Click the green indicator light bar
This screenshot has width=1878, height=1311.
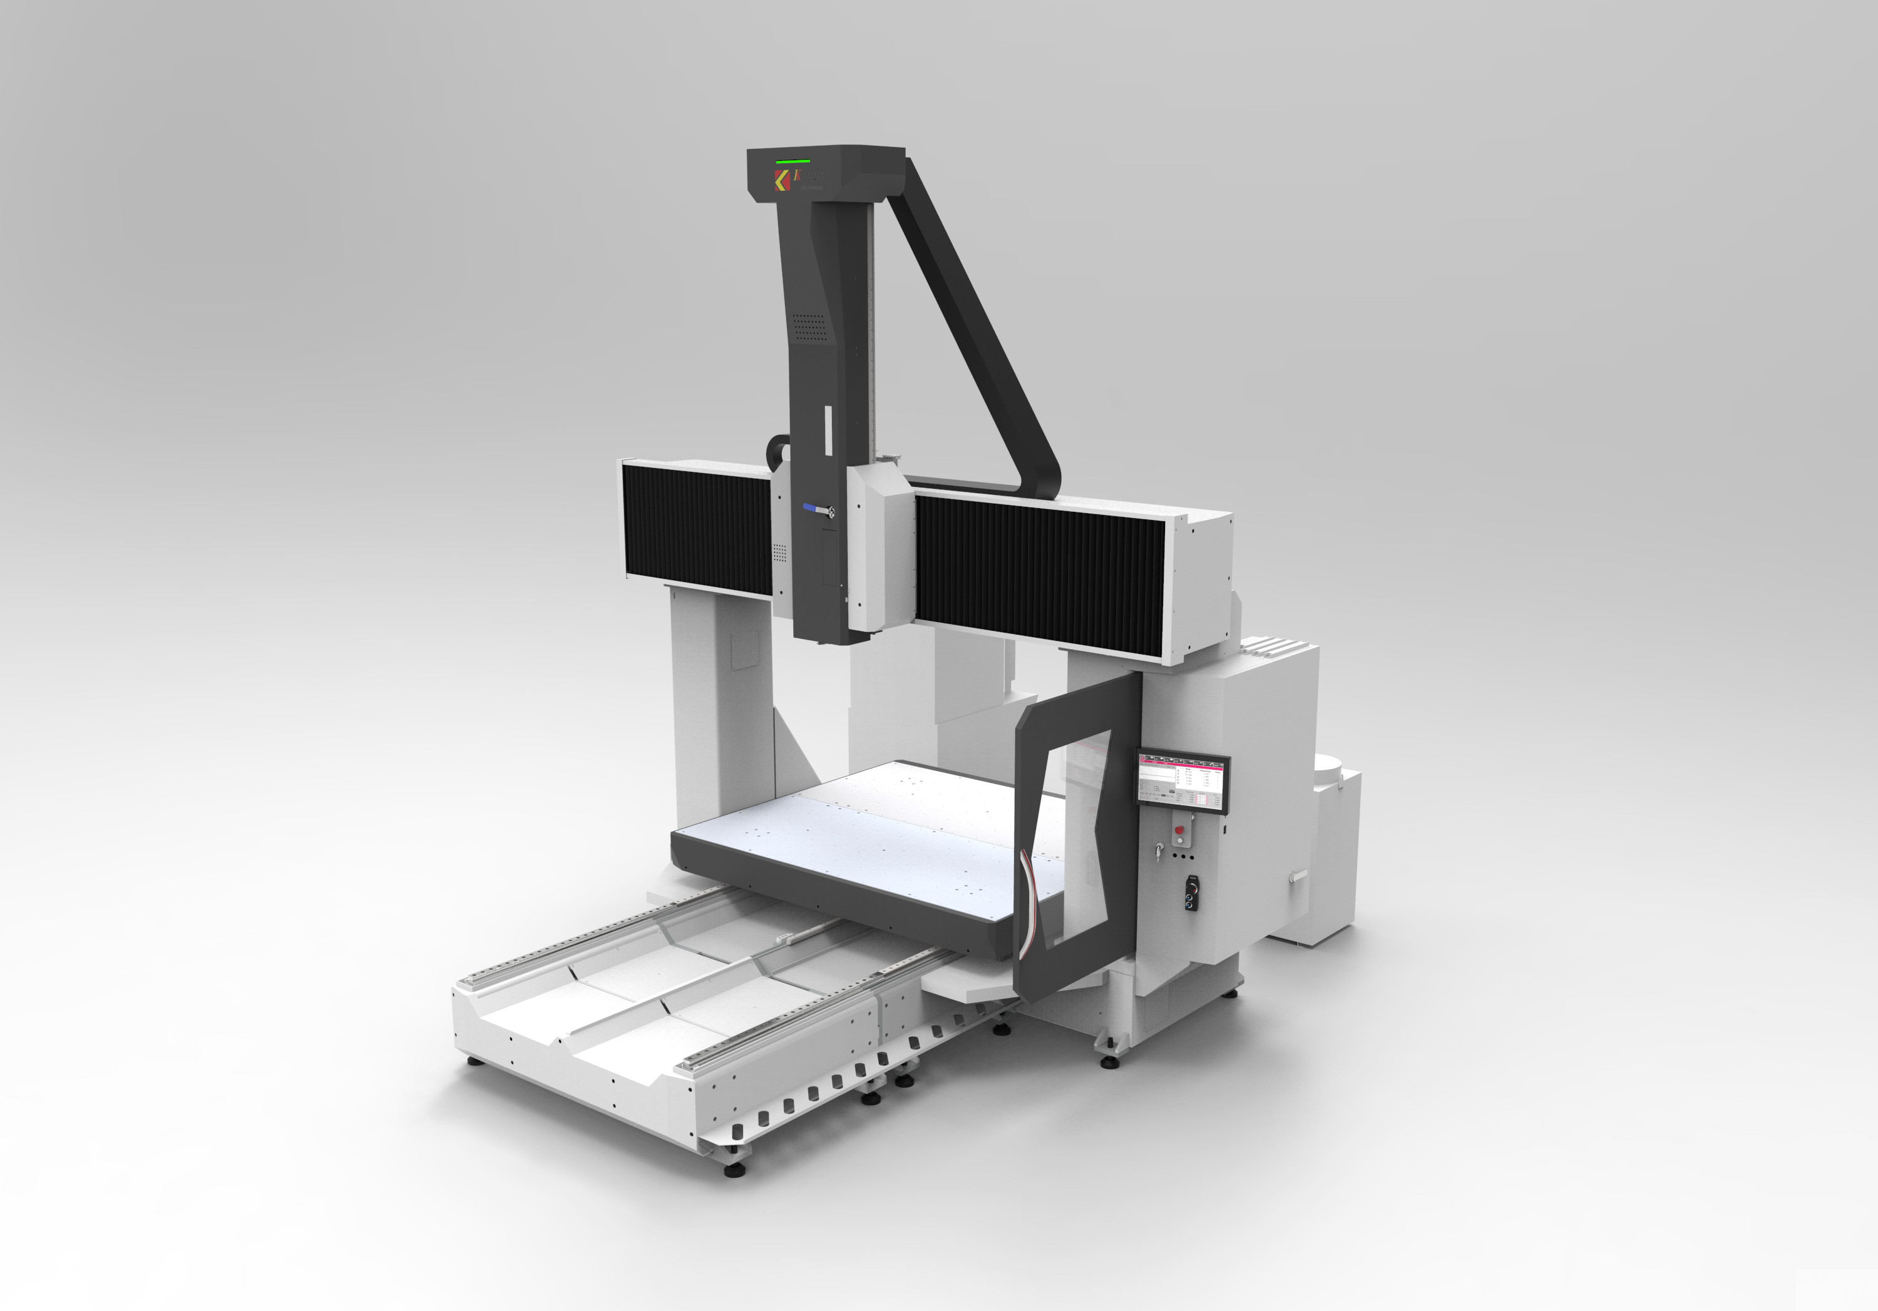tap(793, 161)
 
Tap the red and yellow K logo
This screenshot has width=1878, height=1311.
tap(782, 181)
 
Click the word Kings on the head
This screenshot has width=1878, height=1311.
tap(810, 175)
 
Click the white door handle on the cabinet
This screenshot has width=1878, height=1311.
tap(1298, 876)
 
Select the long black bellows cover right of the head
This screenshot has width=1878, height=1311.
tap(1039, 573)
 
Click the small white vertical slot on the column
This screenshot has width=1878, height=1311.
tap(827, 430)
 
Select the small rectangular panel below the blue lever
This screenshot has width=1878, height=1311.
tap(829, 557)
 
